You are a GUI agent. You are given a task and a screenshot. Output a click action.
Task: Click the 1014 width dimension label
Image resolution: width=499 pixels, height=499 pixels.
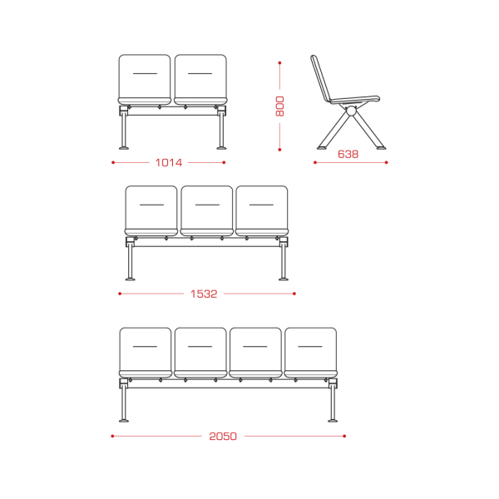(x=168, y=163)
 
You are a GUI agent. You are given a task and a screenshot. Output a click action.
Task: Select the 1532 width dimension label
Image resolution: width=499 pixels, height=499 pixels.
(x=204, y=294)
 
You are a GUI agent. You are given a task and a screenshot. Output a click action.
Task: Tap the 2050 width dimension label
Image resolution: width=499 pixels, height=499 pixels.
(x=223, y=436)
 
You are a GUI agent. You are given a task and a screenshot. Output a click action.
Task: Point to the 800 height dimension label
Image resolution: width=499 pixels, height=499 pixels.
(x=279, y=106)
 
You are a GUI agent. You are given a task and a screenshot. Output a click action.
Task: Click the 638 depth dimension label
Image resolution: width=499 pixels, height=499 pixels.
(x=348, y=155)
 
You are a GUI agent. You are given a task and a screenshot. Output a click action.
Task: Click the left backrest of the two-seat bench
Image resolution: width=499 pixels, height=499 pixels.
(x=145, y=77)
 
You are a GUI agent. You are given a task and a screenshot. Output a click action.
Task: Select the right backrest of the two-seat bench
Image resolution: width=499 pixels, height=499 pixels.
(x=200, y=77)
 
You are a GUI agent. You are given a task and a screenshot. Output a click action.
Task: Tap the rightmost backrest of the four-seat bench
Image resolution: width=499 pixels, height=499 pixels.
(x=310, y=349)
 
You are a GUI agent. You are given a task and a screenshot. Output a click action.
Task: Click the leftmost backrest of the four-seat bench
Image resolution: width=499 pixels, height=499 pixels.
(x=145, y=349)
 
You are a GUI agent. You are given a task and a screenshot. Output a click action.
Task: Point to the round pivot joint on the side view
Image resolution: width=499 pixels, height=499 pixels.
(x=351, y=111)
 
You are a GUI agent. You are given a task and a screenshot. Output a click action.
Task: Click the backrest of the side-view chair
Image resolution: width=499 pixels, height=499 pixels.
(x=321, y=78)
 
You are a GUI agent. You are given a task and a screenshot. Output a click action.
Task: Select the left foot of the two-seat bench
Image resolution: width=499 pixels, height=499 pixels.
(x=124, y=148)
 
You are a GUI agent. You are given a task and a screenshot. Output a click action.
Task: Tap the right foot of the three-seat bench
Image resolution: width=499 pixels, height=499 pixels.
(x=284, y=279)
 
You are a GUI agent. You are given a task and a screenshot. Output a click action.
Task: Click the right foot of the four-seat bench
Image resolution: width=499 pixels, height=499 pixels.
(x=333, y=421)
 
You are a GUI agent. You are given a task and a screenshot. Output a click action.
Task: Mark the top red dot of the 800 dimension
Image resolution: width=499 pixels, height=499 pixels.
(x=279, y=63)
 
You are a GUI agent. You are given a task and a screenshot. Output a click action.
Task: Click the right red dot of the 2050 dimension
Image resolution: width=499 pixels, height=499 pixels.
(x=344, y=436)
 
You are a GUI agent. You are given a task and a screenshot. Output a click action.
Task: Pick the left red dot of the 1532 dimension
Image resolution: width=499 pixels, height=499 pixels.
(x=120, y=294)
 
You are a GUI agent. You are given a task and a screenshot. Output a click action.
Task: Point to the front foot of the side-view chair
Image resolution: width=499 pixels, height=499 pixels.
(x=381, y=148)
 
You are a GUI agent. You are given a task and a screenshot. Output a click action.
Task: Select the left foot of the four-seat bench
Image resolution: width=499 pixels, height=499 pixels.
(x=124, y=421)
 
